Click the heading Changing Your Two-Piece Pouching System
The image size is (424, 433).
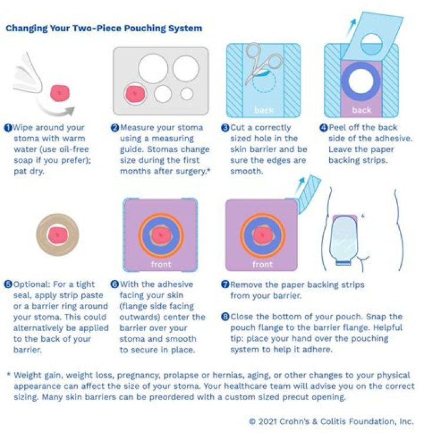pyautogui.click(x=104, y=28)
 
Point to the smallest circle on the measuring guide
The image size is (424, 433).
pyautogui.click(x=187, y=94)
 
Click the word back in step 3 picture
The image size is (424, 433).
pyautogui.click(x=264, y=110)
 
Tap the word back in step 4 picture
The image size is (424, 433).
pyautogui.click(x=361, y=110)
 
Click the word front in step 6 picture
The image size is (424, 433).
pyautogui.click(x=160, y=264)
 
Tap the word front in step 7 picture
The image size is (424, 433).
pyautogui.click(x=262, y=264)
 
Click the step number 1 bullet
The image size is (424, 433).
pyautogui.click(x=9, y=127)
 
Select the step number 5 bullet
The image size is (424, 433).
pyautogui.click(x=9, y=285)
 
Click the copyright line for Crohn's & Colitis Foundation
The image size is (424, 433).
pyautogui.click(x=331, y=421)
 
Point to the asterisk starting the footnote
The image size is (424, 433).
pyautogui.click(x=8, y=375)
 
